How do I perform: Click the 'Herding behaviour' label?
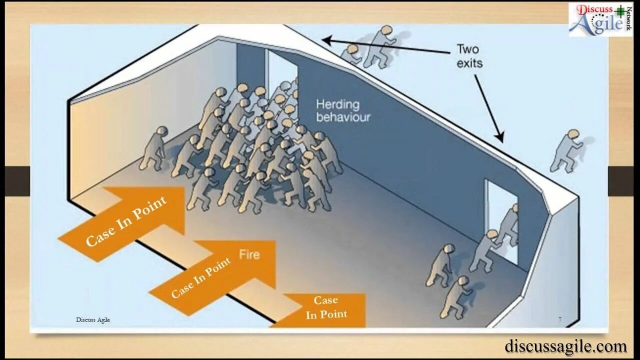[x=343, y=110]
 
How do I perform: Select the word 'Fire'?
[x=249, y=254]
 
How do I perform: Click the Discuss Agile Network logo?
[x=600, y=19]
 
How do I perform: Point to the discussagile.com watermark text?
[x=565, y=346]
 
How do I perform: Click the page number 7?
[x=559, y=319]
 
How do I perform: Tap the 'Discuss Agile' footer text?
[x=93, y=319]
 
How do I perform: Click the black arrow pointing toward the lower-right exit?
[x=488, y=107]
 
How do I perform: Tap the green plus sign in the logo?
[x=620, y=10]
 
